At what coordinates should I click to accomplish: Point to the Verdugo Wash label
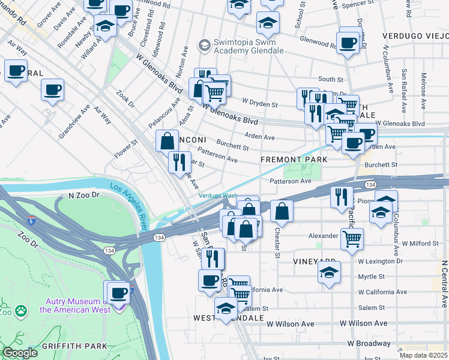click(x=218, y=196)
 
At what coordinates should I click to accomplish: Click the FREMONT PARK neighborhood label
click(x=294, y=160)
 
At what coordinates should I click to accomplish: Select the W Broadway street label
click(x=369, y=344)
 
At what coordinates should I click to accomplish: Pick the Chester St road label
click(x=277, y=243)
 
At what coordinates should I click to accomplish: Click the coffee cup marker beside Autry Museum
click(x=119, y=292)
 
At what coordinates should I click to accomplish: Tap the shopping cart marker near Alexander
click(x=352, y=238)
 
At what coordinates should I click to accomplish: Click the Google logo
click(x=20, y=353)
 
